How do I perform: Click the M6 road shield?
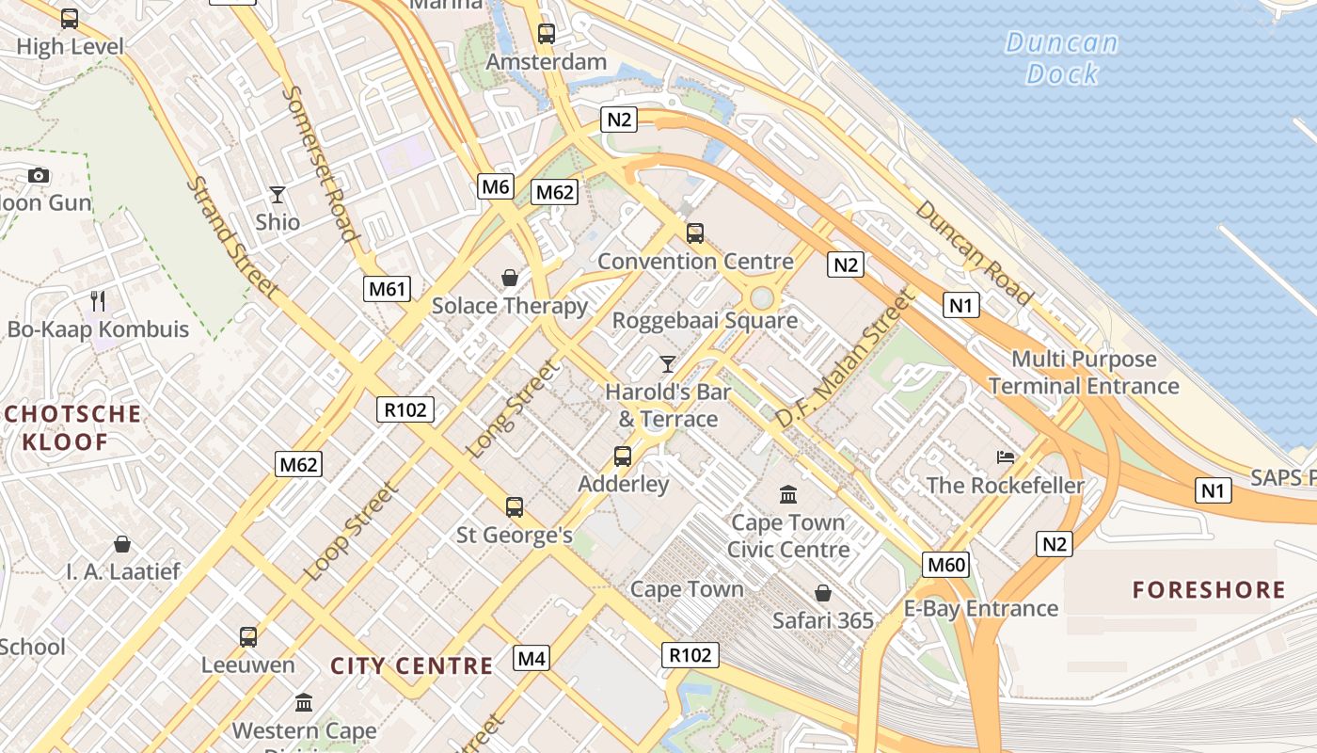(x=496, y=186)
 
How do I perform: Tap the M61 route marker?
(x=388, y=288)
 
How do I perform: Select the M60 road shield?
(x=945, y=565)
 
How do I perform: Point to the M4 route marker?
(x=532, y=658)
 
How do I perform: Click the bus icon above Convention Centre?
(x=695, y=232)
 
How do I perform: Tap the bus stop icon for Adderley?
(x=623, y=457)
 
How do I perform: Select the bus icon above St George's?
(x=515, y=507)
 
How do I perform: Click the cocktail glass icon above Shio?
(x=278, y=195)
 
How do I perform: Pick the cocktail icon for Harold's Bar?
(x=668, y=363)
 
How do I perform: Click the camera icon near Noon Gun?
(x=39, y=175)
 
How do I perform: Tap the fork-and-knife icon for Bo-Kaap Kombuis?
(x=98, y=301)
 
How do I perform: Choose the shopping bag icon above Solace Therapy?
(x=510, y=278)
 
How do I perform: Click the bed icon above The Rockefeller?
(x=1006, y=457)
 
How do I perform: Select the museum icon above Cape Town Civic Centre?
(x=788, y=494)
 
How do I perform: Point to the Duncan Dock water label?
(x=1062, y=57)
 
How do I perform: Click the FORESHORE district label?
(x=1209, y=590)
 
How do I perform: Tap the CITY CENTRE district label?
(x=411, y=666)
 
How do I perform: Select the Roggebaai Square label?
(x=705, y=320)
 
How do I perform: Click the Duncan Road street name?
(x=974, y=252)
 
